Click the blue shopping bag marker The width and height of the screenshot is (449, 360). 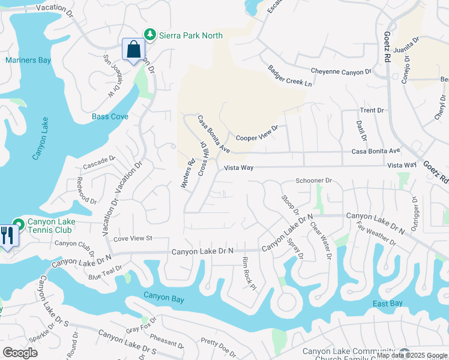(x=133, y=49)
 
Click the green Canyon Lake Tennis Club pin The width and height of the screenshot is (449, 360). (x=19, y=225)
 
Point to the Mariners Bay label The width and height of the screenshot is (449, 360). (x=28, y=60)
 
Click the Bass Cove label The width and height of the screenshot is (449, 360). (x=110, y=116)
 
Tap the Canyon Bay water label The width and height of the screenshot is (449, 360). (x=163, y=295)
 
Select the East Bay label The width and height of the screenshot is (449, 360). (x=387, y=304)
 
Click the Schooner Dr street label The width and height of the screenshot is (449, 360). (x=313, y=181)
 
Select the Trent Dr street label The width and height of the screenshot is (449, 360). (x=372, y=110)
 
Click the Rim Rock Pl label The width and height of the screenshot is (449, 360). (x=249, y=273)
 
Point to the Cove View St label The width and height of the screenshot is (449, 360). (x=133, y=238)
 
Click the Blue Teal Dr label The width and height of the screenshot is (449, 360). (x=105, y=272)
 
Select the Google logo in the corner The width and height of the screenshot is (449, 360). (x=20, y=352)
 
